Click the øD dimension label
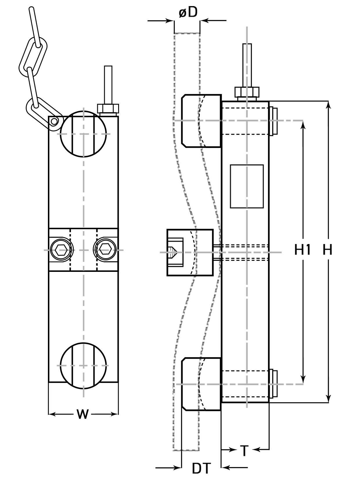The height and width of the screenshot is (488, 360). coord(188,12)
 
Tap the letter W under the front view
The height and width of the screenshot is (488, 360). coord(82,414)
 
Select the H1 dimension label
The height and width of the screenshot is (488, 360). coord(303,250)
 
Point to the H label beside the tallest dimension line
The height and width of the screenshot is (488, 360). coord(327,250)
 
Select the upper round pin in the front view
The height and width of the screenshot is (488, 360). coord(83,134)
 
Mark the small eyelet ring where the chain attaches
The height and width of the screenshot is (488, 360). coord(54,122)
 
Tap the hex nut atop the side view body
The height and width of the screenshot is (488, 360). coord(247,92)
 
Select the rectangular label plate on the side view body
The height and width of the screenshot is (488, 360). coord(247,186)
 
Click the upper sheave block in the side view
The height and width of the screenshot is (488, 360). coord(201,121)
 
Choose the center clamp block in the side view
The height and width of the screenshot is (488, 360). coord(190,252)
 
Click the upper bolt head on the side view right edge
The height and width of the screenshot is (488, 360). coord(273,121)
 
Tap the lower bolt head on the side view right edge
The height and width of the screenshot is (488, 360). coord(273,384)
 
